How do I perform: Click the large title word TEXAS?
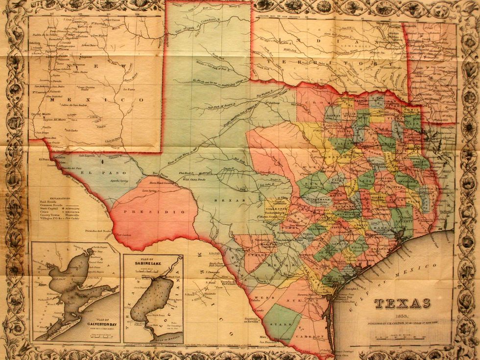tap(396, 303)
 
